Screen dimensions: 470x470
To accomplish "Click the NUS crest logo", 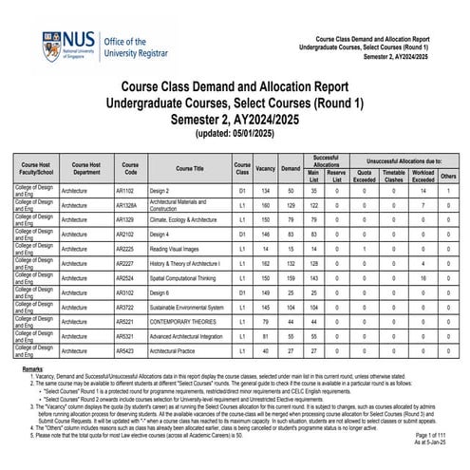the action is click(x=50, y=44).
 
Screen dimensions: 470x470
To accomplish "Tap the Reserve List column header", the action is click(x=335, y=173).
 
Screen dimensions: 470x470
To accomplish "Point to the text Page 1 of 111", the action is click(x=432, y=434).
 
